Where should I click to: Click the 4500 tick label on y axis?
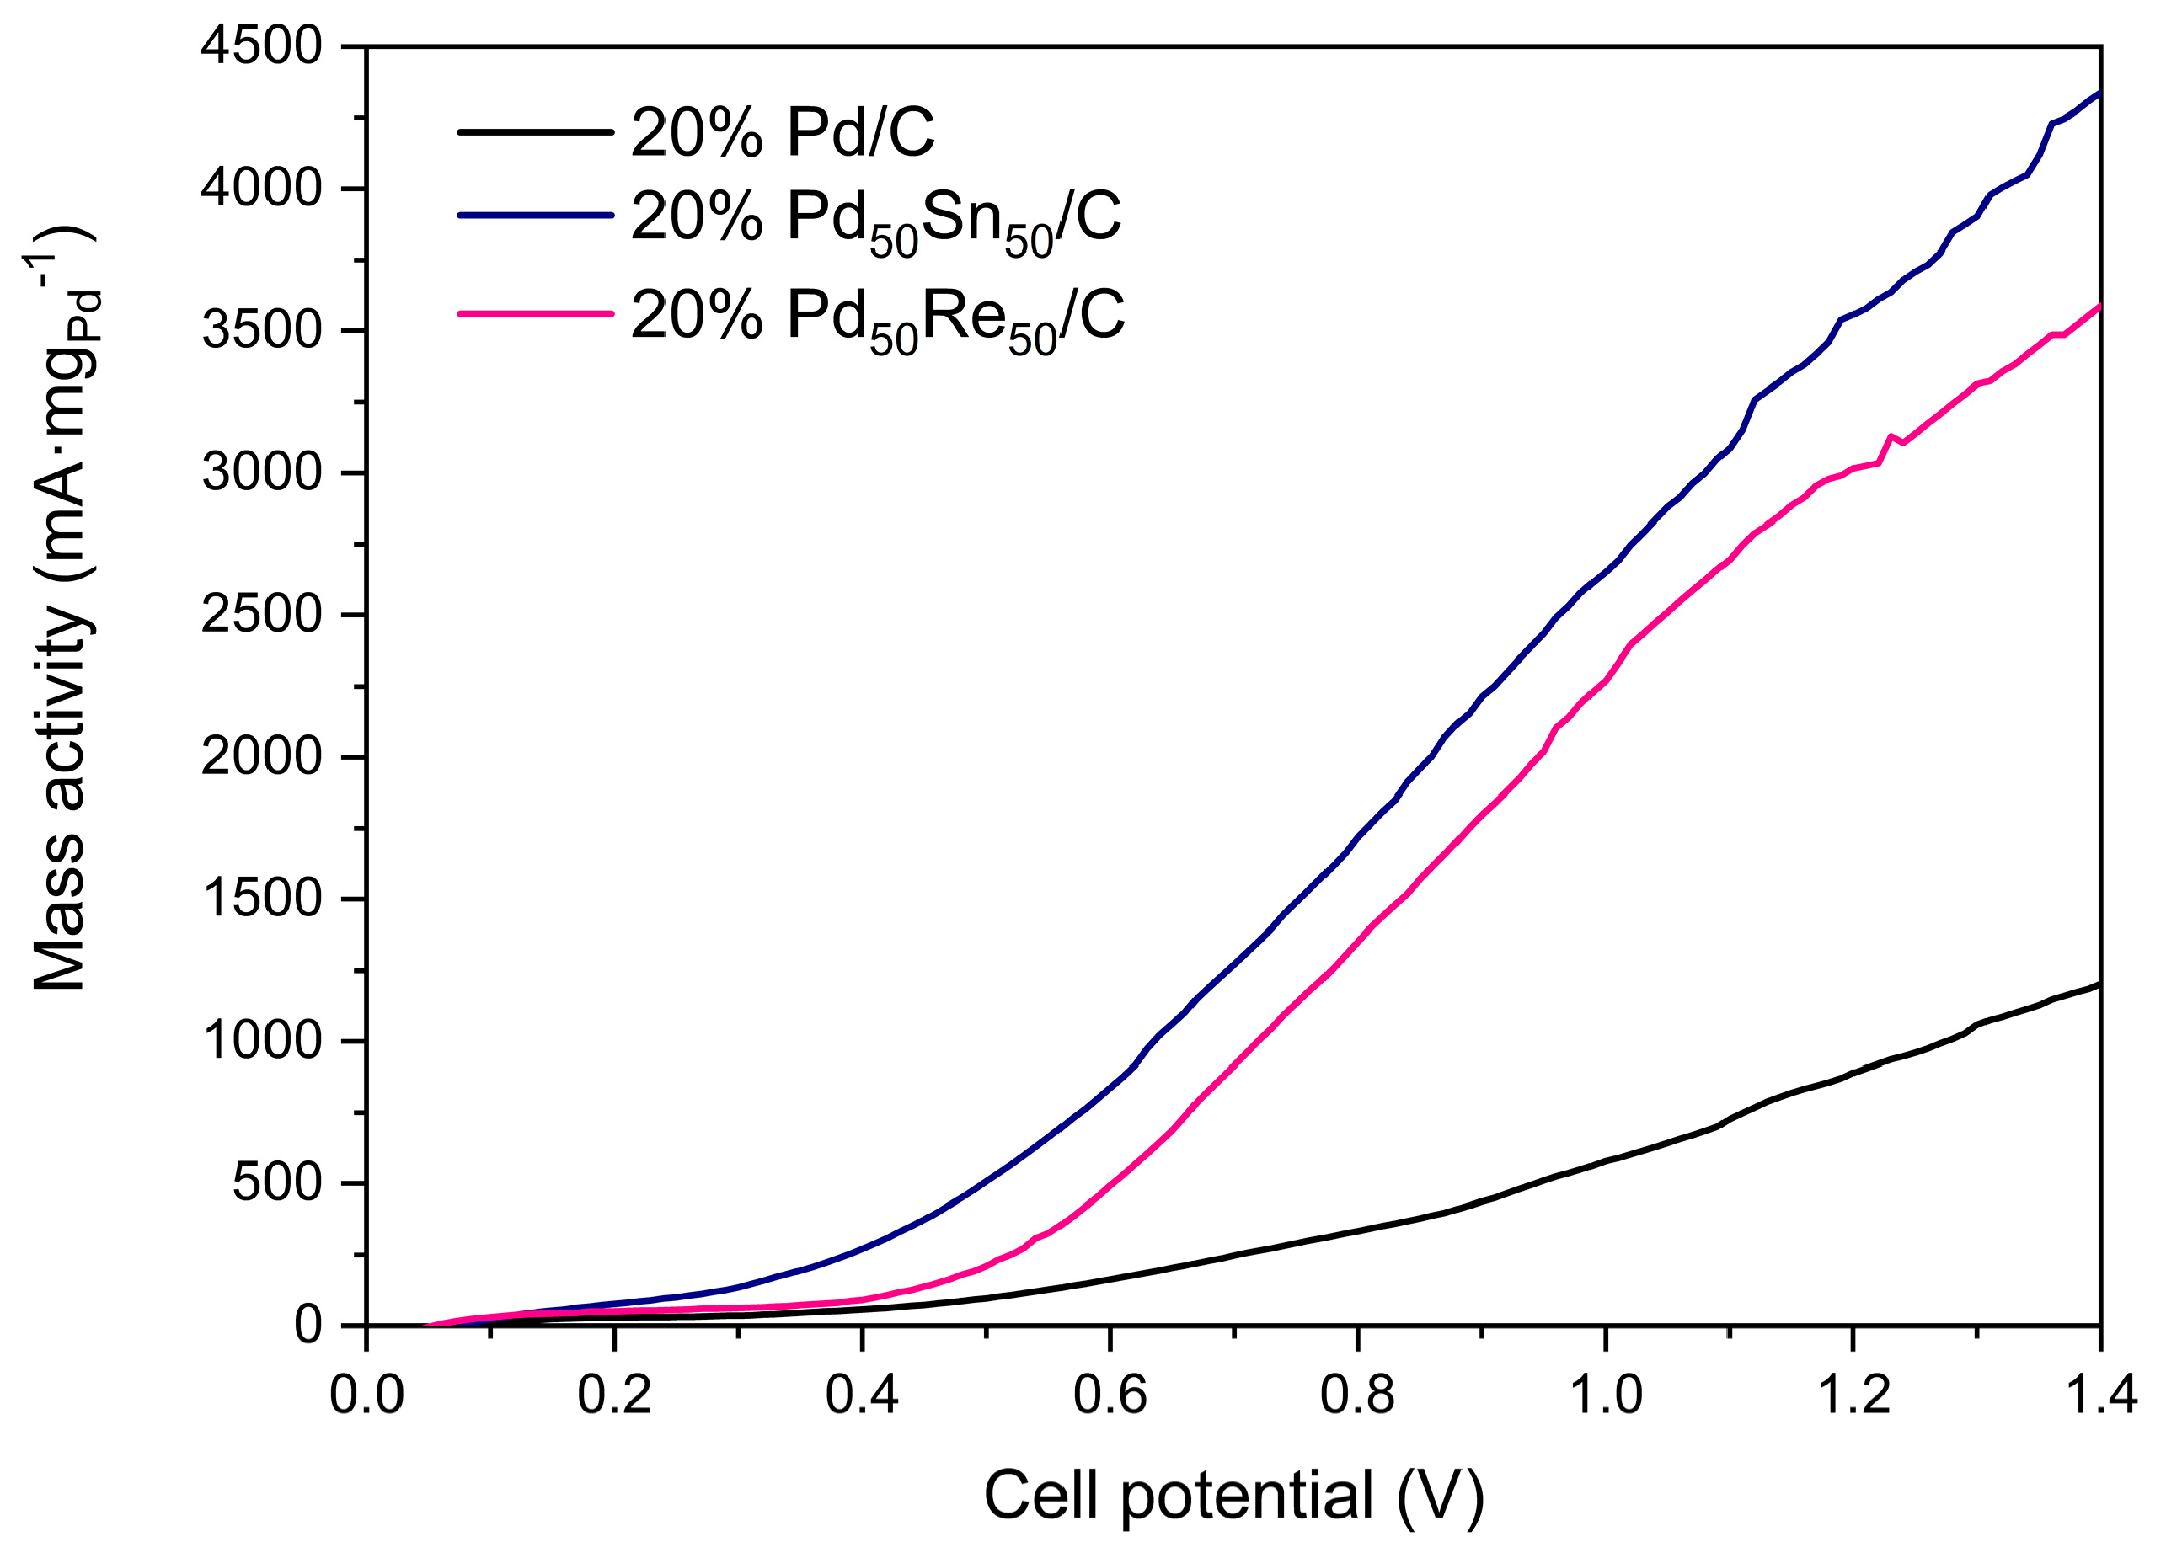pyautogui.click(x=262, y=49)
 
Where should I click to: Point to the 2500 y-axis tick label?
pyautogui.click(x=262, y=616)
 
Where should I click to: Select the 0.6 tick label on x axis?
pyautogui.click(x=1109, y=1395)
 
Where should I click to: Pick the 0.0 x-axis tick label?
pyautogui.click(x=366, y=1395)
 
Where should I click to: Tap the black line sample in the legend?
pyautogui.click(x=535, y=131)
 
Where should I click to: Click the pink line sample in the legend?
pyautogui.click(x=535, y=312)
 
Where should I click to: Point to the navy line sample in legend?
pyautogui.click(x=535, y=216)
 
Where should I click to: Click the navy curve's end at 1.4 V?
pyautogui.click(x=2097, y=93)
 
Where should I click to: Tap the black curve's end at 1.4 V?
pyautogui.click(x=2097, y=984)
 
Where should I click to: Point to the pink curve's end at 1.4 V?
pyautogui.click(x=2097, y=307)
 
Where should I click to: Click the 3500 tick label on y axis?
pyautogui.click(x=262, y=332)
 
